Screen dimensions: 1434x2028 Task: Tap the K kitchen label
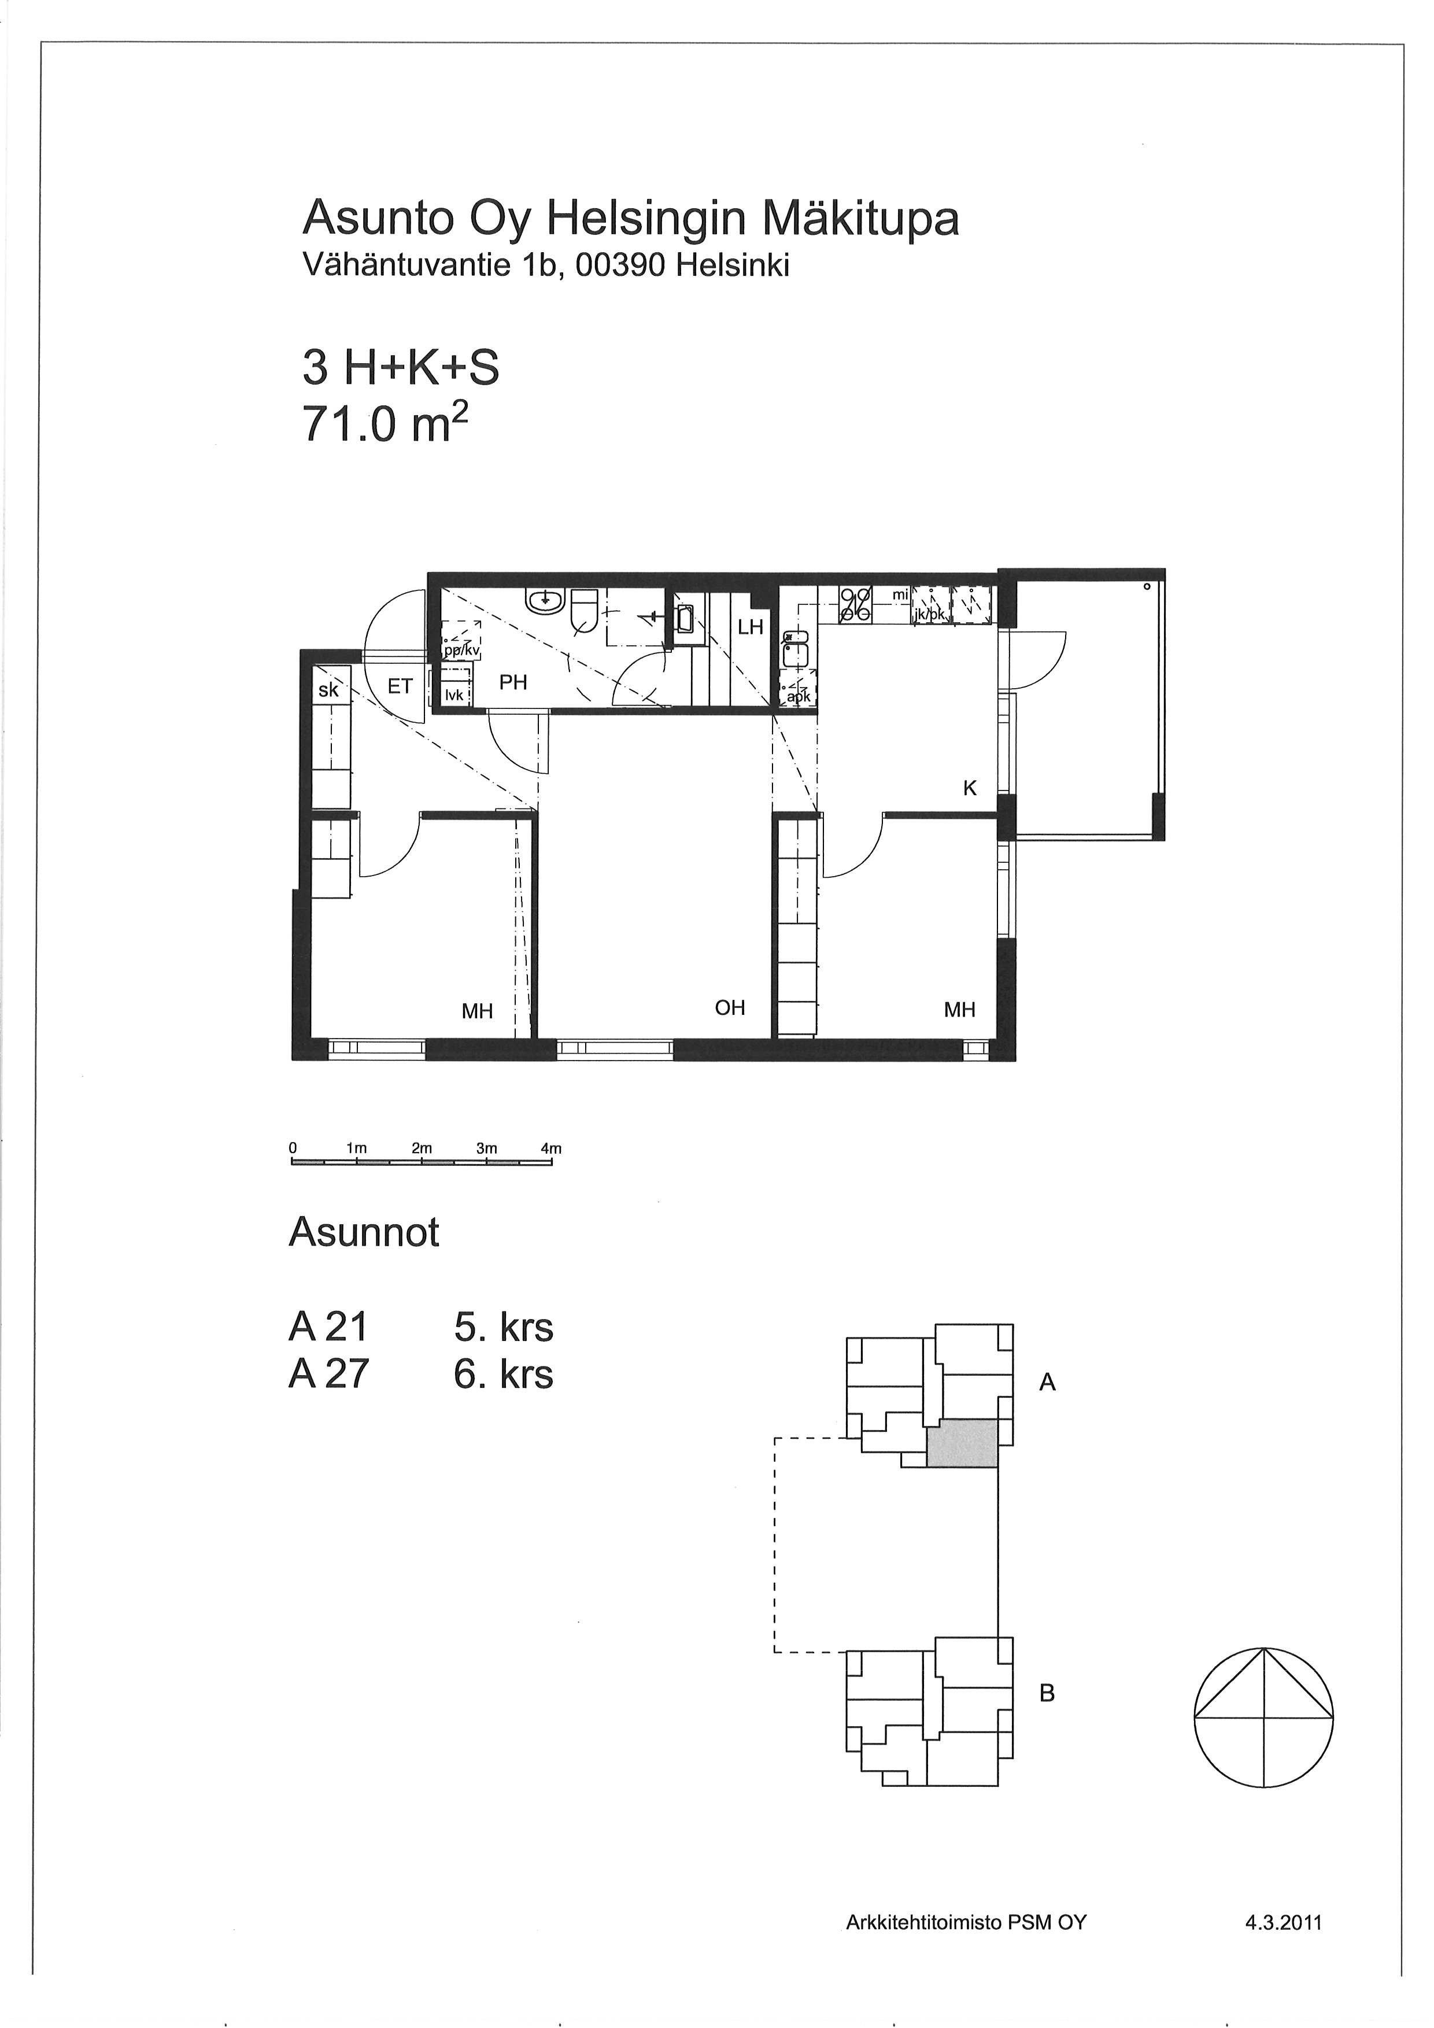click(x=970, y=789)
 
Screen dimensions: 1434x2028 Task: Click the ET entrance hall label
click(x=400, y=686)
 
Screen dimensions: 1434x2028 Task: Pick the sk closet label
click(x=328, y=690)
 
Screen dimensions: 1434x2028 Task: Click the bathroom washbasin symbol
click(x=544, y=601)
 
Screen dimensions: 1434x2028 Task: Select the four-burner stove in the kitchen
click(x=855, y=603)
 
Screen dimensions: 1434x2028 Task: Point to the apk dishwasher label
click(x=797, y=695)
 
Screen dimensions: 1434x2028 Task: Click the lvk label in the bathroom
click(x=454, y=695)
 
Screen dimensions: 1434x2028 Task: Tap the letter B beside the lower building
click(x=1047, y=1693)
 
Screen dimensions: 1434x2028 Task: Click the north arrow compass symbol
click(x=1263, y=1719)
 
